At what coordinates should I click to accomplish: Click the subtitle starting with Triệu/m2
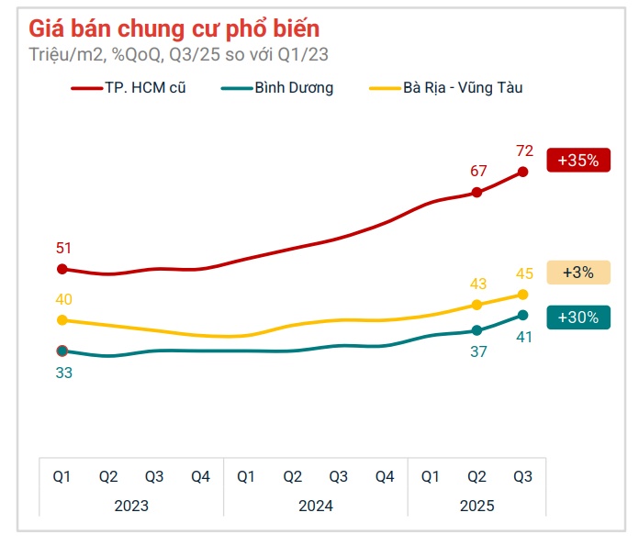point(178,54)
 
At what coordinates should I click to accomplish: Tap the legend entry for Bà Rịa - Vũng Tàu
point(445,88)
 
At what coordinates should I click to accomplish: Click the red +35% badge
point(577,160)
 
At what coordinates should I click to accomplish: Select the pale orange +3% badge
point(577,273)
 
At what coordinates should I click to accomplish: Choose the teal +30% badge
point(577,318)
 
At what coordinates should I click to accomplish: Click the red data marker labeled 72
point(522,172)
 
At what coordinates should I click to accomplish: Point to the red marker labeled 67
point(476,193)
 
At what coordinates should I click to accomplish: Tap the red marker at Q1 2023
point(62,269)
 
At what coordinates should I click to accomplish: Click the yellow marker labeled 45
point(522,295)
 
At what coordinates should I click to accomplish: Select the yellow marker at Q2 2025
point(476,305)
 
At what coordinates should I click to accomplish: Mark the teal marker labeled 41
point(522,315)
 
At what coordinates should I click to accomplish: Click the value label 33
point(63,373)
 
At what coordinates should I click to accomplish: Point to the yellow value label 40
point(63,299)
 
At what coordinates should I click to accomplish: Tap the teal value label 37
point(477,351)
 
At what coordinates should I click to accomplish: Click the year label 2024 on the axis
point(316,506)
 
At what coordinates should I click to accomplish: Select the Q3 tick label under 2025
point(522,476)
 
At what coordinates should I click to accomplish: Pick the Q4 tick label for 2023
point(200,476)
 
